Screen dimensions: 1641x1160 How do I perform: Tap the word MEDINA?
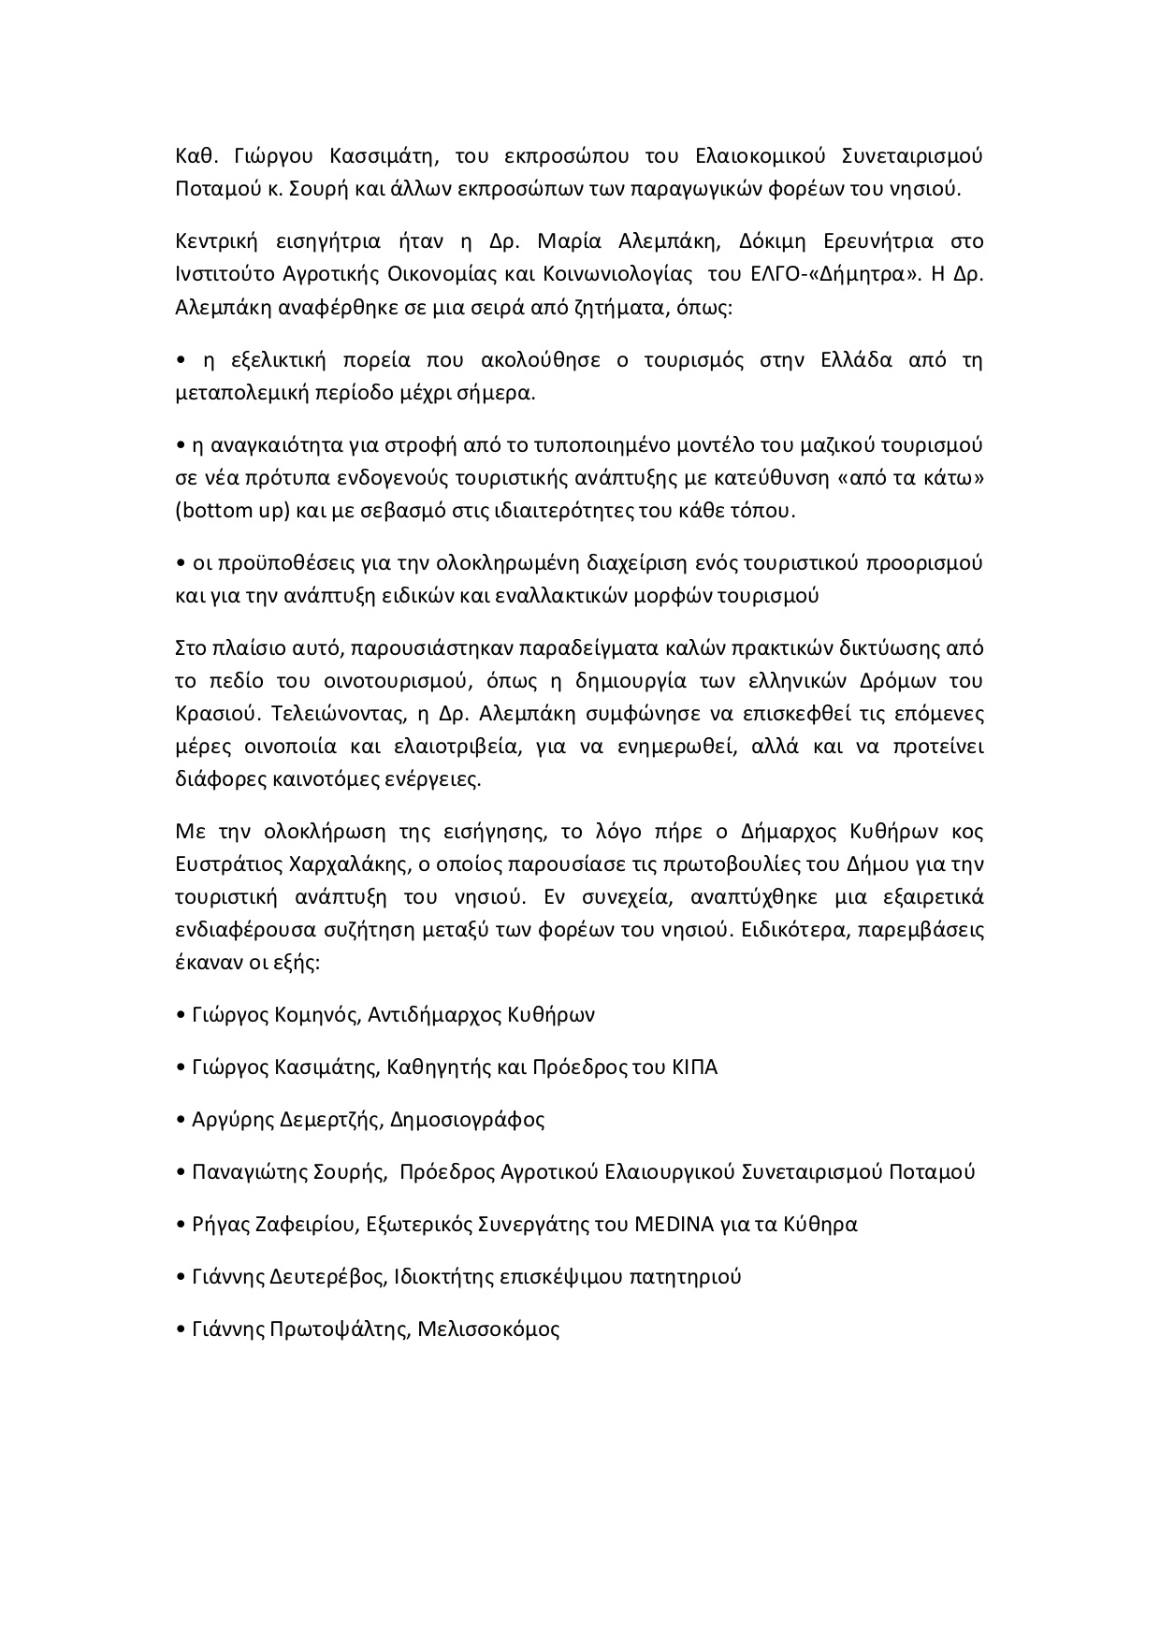point(668,1225)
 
